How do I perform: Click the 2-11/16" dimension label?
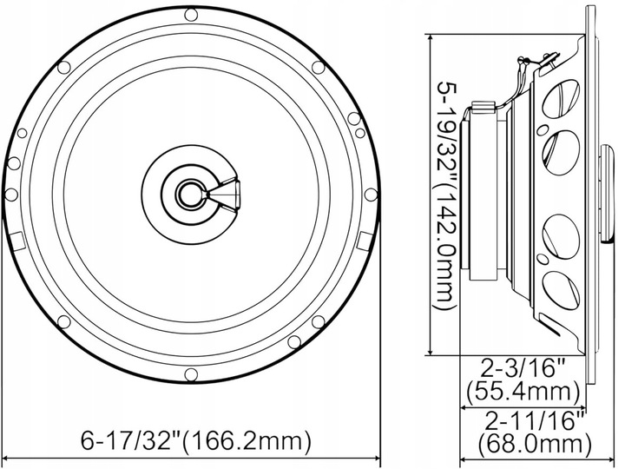pyautogui.click(x=531, y=423)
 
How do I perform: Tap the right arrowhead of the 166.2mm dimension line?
pyautogui.click(x=376, y=457)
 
